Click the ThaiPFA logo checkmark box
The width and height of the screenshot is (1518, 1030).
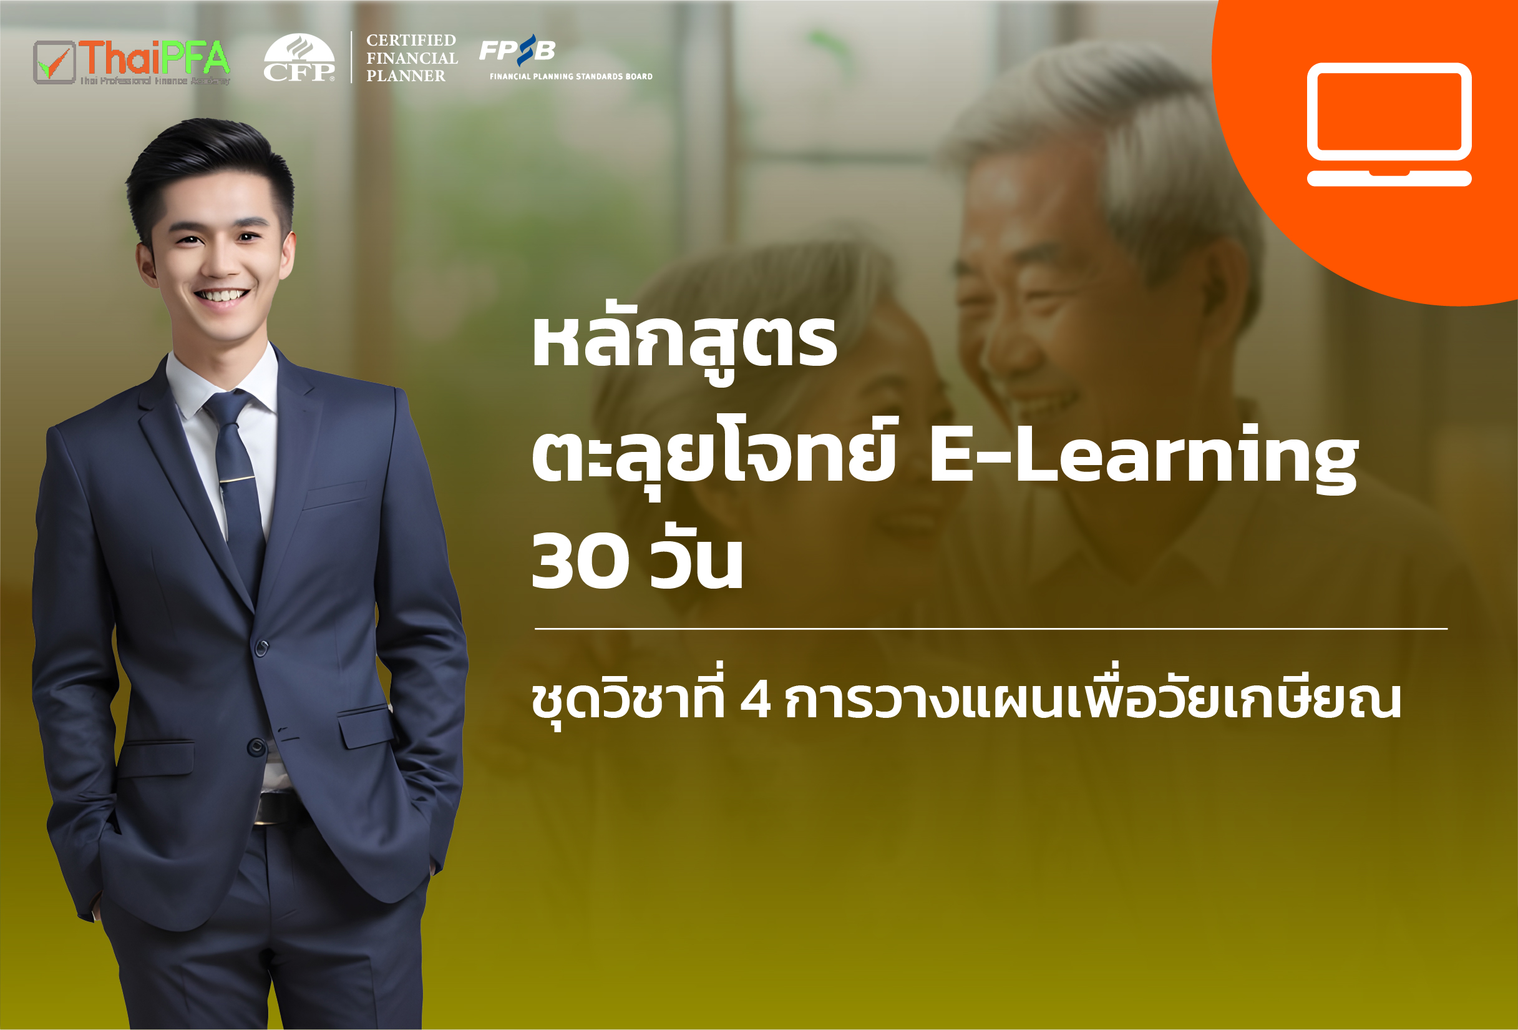54,62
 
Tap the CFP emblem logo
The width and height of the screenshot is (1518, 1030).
299,57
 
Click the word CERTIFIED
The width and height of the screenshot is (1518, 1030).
411,41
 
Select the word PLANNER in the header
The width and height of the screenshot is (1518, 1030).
406,76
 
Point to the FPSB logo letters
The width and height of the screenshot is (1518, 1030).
517,50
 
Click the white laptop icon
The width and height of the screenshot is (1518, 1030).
1389,124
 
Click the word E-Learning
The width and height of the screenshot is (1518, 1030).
1143,456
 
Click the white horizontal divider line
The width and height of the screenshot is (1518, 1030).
991,629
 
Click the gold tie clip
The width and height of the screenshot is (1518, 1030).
236,479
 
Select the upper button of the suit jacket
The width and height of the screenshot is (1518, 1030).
262,649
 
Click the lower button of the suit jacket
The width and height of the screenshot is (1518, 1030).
256,747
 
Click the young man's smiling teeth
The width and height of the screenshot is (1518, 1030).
223,295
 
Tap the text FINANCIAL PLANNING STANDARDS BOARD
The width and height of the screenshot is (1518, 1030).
571,76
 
